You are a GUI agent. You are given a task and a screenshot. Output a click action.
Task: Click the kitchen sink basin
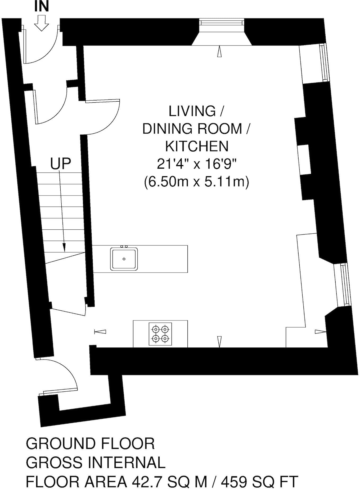[x=124, y=259]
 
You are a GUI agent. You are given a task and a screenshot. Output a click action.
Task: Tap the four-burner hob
[x=160, y=334]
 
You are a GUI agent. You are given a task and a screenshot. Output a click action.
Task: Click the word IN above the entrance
[x=42, y=7]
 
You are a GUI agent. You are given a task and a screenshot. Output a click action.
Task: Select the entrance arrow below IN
[x=42, y=24]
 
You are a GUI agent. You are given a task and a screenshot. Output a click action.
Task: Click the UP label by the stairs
[x=61, y=164]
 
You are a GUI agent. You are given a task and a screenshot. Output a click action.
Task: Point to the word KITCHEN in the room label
[x=196, y=146]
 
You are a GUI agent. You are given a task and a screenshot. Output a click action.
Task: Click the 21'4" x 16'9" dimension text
[x=196, y=165]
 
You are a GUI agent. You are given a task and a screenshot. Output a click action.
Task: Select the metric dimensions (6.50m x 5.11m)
[x=196, y=182]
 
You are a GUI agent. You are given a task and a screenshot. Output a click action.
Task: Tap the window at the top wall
[x=222, y=23]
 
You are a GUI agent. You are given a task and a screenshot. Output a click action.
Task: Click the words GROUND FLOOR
[x=90, y=444]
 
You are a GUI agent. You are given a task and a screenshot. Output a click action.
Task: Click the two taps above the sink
[x=124, y=246]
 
